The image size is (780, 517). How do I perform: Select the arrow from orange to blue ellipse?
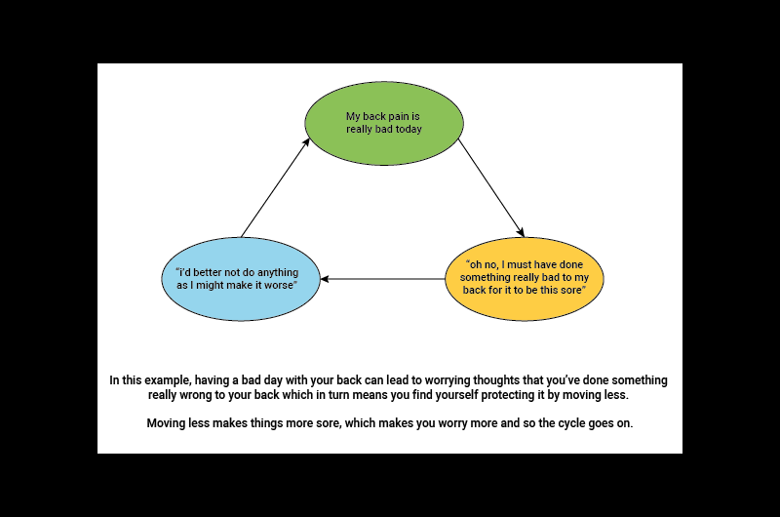(x=382, y=279)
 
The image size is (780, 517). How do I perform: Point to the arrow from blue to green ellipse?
(x=275, y=187)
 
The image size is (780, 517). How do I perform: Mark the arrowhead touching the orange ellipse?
(x=521, y=232)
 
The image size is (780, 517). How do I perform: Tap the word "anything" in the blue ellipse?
(x=278, y=270)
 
